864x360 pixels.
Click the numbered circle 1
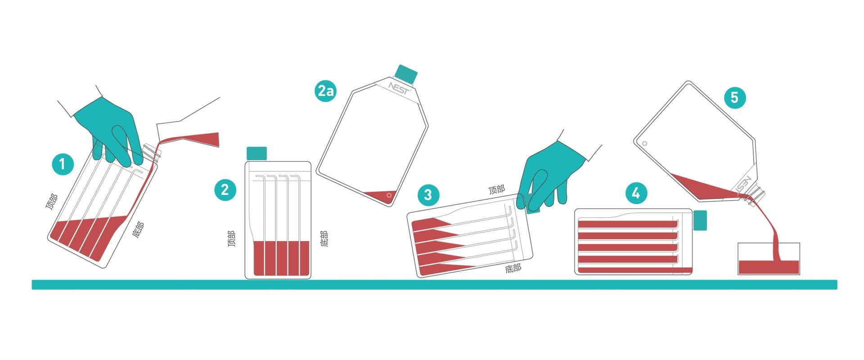tap(62, 164)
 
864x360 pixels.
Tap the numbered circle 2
tap(225, 189)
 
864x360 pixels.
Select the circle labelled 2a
tap(325, 90)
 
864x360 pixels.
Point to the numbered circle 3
tap(428, 194)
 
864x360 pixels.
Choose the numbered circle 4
tap(636, 193)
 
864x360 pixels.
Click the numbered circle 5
tap(734, 97)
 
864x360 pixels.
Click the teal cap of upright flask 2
tap(256, 153)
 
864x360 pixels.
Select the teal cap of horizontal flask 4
tap(700, 220)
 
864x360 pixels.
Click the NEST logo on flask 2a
tap(400, 88)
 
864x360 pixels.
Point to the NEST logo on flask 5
tap(743, 185)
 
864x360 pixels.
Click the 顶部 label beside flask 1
tap(52, 202)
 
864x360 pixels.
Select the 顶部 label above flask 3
tap(497, 189)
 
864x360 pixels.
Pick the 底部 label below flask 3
tap(513, 269)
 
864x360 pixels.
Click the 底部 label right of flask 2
tap(324, 238)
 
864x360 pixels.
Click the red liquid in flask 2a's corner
tap(381, 196)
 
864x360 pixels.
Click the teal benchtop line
tap(434, 284)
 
